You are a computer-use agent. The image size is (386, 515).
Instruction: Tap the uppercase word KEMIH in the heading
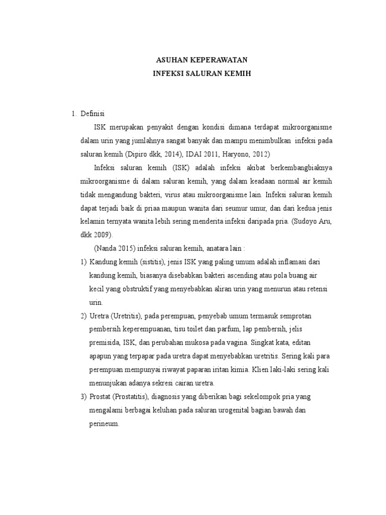[x=238, y=73]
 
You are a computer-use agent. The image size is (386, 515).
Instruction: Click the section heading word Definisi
[x=92, y=113]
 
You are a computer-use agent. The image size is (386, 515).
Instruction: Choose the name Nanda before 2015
[x=106, y=248]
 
